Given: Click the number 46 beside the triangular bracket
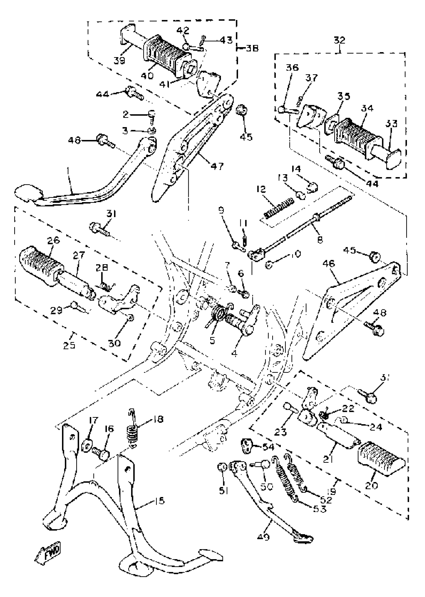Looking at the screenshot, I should pos(329,263).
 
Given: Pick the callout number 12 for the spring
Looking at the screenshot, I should pos(261,189).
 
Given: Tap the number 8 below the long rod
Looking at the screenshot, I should pos(320,240).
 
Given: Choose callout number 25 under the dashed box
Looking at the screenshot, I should pos(69,345).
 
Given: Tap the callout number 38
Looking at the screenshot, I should pos(252,49).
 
